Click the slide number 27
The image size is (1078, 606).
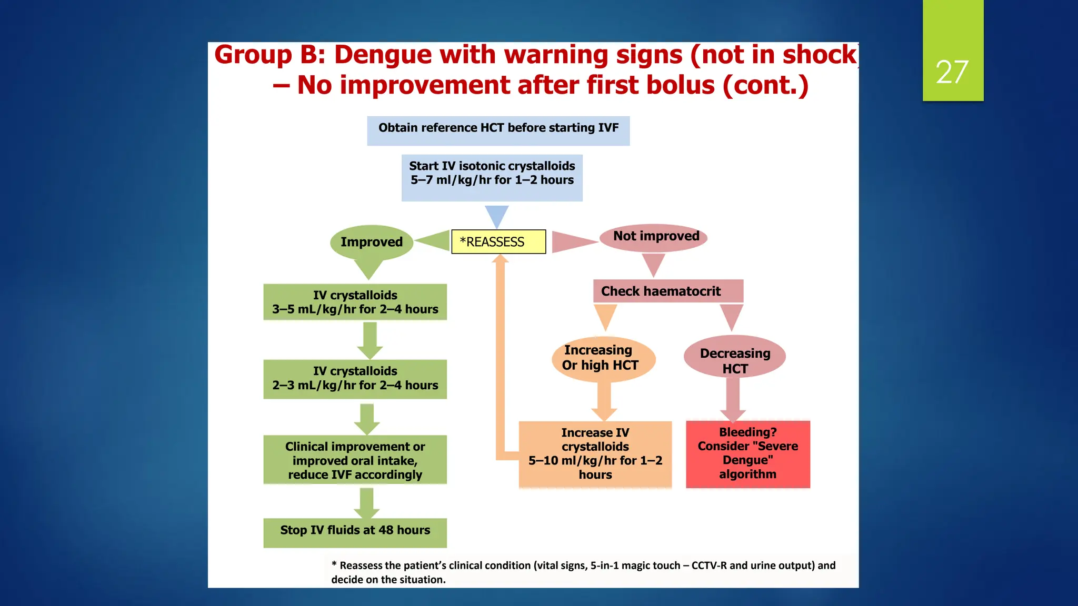[952, 72]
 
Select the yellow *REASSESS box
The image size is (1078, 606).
[498, 242]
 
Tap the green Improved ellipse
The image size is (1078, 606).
[371, 242]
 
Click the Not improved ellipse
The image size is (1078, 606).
[656, 236]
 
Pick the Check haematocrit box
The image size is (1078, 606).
[667, 291]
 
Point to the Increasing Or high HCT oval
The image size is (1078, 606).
[603, 358]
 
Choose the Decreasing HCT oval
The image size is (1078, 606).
[734, 358]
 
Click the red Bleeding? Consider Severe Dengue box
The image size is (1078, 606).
[747, 453]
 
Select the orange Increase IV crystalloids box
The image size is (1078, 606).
[595, 453]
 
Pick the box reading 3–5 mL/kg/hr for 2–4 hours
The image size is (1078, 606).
[355, 302]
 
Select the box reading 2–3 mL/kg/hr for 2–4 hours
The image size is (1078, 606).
[355, 378]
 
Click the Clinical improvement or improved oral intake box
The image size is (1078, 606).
[355, 460]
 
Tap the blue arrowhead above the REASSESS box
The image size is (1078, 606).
[496, 215]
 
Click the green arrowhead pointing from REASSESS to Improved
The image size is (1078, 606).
[435, 241]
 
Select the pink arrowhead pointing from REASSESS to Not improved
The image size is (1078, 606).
[572, 241]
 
